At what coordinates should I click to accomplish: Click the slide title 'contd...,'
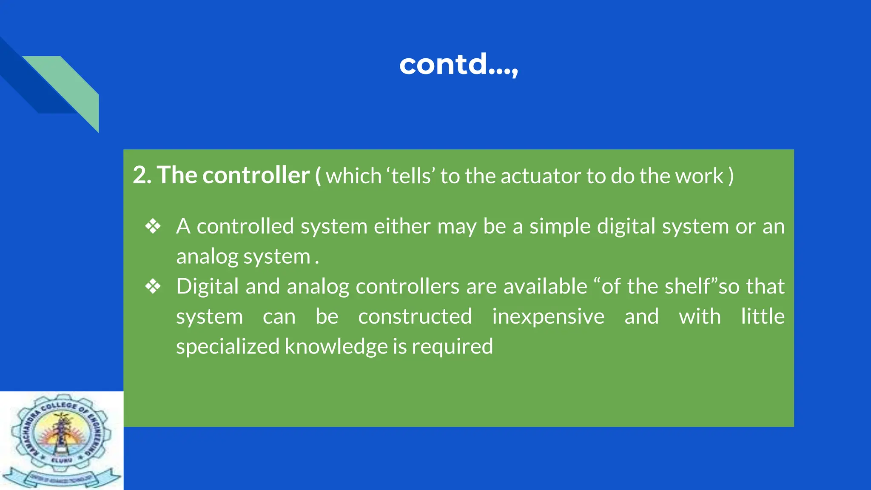pos(458,65)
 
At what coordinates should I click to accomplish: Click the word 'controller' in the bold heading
pos(256,175)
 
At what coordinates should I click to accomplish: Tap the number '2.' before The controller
pos(142,175)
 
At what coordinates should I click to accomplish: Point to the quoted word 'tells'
pos(410,176)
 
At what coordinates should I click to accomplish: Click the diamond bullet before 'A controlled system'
pos(153,226)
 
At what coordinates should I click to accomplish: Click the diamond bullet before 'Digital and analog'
pos(153,286)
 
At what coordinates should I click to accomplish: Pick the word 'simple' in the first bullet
pos(560,226)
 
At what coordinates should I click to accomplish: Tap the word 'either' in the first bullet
pos(402,226)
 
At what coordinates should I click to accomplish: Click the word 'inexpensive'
pos(548,316)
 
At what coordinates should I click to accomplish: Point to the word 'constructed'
pos(415,316)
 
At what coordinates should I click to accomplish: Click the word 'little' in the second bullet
pos(763,316)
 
